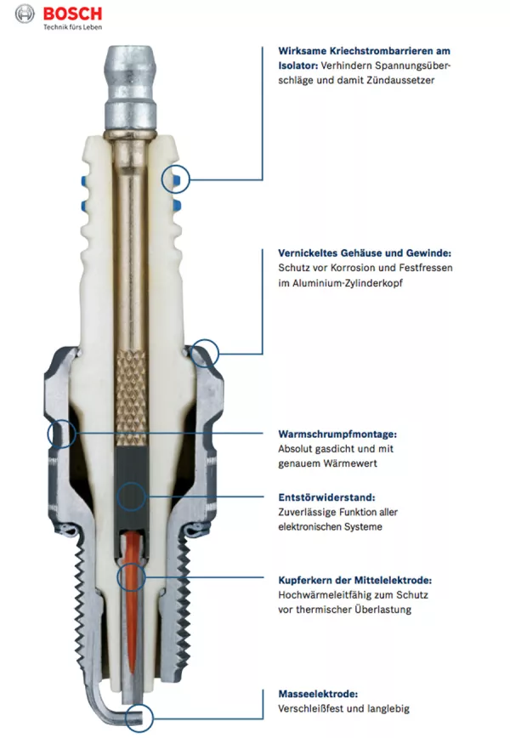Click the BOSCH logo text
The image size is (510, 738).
tap(72, 14)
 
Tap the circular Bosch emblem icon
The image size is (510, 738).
tap(25, 14)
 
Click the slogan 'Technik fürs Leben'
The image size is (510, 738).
tap(73, 27)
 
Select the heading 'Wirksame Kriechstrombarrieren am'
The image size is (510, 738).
tap(364, 51)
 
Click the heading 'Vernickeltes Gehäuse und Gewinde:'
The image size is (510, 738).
tap(365, 253)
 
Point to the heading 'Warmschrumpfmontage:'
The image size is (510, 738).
tap(337, 434)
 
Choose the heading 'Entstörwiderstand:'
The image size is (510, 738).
tap(326, 497)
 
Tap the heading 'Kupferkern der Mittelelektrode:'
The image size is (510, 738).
tap(354, 581)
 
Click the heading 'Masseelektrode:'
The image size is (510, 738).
tap(318, 694)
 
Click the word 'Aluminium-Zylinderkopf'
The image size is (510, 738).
tap(348, 283)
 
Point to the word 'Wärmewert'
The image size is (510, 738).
tap(354, 463)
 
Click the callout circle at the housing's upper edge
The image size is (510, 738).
tap(205, 339)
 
